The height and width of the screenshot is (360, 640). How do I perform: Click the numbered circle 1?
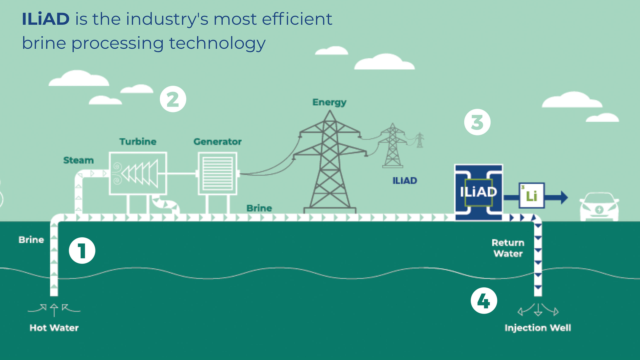pyautogui.click(x=82, y=251)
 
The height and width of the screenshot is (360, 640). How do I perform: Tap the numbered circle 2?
pyautogui.click(x=173, y=99)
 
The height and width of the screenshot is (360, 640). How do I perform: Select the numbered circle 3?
pyautogui.click(x=477, y=122)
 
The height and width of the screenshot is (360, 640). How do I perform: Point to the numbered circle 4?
pyautogui.click(x=484, y=301)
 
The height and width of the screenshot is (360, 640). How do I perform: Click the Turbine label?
pyautogui.click(x=138, y=142)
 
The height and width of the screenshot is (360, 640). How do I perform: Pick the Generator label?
pyautogui.click(x=217, y=142)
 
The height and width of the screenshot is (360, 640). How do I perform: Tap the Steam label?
pyautogui.click(x=78, y=160)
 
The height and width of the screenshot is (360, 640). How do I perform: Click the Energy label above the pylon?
pyautogui.click(x=329, y=102)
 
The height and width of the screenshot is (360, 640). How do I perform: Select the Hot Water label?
pyautogui.click(x=54, y=328)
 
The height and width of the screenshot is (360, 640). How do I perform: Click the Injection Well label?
pyautogui.click(x=537, y=328)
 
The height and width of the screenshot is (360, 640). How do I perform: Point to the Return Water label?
pyautogui.click(x=508, y=248)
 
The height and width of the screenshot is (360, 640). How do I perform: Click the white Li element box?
pyautogui.click(x=531, y=196)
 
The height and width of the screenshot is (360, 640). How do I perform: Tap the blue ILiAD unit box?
pyautogui.click(x=479, y=192)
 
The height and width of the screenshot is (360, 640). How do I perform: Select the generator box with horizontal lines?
pyautogui.click(x=217, y=173)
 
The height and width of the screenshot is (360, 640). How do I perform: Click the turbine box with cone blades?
pyautogui.click(x=138, y=173)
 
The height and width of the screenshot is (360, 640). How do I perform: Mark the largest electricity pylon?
pyautogui.click(x=329, y=163)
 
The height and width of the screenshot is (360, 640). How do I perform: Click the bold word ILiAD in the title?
pyautogui.click(x=46, y=19)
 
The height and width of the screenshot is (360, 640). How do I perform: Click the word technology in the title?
pyautogui.click(x=217, y=43)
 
